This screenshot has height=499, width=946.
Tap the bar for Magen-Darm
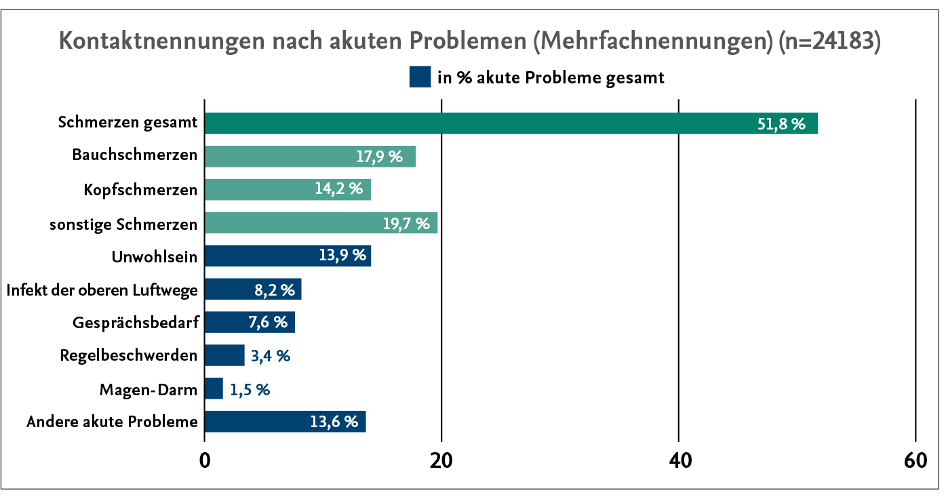point(214,389)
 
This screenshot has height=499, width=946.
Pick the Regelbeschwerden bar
point(224,355)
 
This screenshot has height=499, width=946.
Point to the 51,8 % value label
point(781,124)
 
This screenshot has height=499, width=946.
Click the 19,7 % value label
point(406,224)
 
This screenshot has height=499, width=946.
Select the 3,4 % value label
point(270,356)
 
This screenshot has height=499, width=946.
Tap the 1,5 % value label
point(250,390)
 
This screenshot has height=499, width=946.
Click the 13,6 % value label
point(334,422)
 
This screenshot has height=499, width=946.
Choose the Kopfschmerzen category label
point(140,190)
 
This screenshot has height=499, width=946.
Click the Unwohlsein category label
point(155,256)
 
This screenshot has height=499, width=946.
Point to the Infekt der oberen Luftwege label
point(102,290)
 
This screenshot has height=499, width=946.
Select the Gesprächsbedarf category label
point(135,323)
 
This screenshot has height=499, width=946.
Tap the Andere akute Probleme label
point(112,422)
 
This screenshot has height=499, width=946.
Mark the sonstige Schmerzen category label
point(123,224)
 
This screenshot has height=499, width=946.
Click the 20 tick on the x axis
point(441,460)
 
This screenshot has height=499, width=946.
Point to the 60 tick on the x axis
point(915,460)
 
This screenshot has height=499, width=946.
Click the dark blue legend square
point(420,77)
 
